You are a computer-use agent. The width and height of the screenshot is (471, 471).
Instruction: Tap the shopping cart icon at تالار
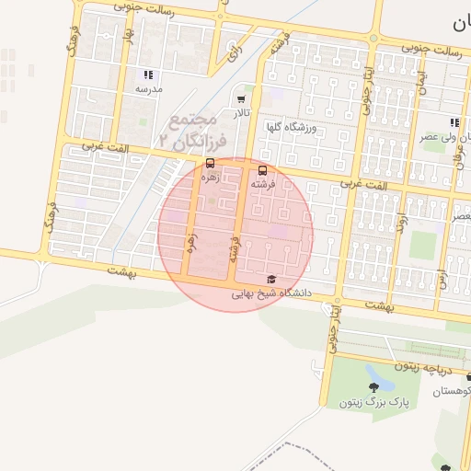click(x=241, y=98)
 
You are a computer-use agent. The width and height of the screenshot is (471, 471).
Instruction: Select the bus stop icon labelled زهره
click(x=211, y=163)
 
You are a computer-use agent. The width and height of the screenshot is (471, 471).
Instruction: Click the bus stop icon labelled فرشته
click(x=263, y=170)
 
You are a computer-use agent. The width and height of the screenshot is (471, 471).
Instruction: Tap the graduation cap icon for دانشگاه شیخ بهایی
click(x=270, y=279)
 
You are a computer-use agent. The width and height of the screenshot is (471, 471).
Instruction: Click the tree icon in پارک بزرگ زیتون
click(x=374, y=385)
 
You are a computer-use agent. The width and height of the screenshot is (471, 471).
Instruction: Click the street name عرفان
click(x=460, y=167)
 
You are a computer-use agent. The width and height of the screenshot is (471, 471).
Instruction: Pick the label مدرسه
click(x=149, y=90)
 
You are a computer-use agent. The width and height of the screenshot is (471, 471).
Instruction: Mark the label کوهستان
click(x=454, y=391)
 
